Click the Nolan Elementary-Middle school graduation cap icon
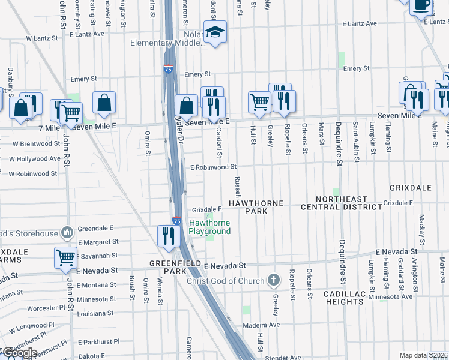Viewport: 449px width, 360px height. point(214,33)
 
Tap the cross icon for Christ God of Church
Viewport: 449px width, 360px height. point(274,280)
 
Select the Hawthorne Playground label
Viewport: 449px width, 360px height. point(210,227)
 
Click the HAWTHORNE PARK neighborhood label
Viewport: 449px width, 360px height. point(256,208)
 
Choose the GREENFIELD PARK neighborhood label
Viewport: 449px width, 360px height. point(175,267)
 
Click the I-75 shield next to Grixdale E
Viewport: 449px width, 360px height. point(177,221)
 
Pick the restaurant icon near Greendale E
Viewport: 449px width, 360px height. point(167,236)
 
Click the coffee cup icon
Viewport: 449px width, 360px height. point(420,5)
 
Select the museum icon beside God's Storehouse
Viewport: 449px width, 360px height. point(67,232)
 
